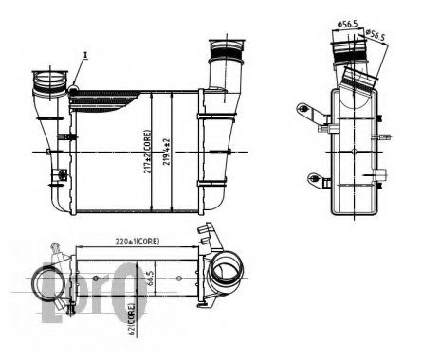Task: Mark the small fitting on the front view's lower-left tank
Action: (x=62, y=175)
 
